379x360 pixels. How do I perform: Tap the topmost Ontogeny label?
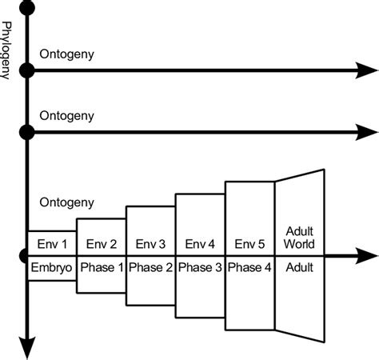[66, 55]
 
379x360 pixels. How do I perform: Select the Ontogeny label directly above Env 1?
[66, 202]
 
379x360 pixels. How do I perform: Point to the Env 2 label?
[101, 243]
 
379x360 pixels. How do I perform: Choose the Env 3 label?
[150, 243]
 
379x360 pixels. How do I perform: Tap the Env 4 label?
[200, 243]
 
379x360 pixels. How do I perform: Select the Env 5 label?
[249, 243]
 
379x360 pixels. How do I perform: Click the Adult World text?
[299, 238]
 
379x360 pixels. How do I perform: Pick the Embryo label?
[51, 268]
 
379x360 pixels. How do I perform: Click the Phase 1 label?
[101, 268]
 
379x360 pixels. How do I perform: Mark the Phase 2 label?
[150, 268]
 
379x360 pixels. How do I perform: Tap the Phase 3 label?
[200, 268]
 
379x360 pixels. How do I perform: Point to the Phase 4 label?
[249, 268]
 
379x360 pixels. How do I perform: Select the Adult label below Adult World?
[299, 268]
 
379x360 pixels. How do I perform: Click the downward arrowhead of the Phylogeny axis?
[27, 349]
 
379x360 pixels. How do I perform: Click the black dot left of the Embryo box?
[27, 257]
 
